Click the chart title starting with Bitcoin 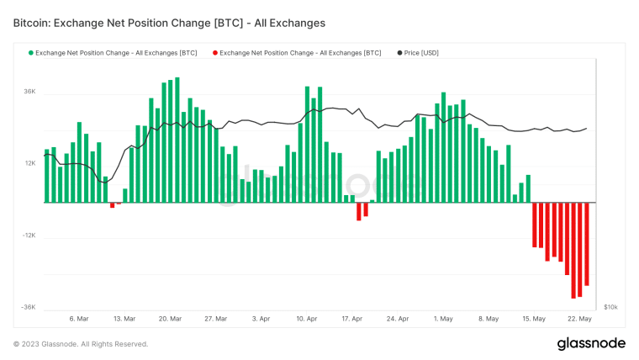[x=169, y=23]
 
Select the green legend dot [x=31, y=53]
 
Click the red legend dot [x=215, y=53]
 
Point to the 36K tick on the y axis [x=29, y=91]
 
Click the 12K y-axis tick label [x=29, y=163]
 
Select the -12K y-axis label [x=28, y=236]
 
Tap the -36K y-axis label [x=28, y=308]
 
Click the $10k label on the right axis [x=612, y=308]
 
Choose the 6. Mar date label [x=78, y=320]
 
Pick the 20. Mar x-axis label [x=170, y=320]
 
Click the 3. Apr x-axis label [x=261, y=320]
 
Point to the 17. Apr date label [x=352, y=320]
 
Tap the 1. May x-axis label [x=443, y=320]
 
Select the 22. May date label [x=580, y=320]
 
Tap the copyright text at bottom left [x=81, y=344]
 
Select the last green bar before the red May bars [x=528, y=189]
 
